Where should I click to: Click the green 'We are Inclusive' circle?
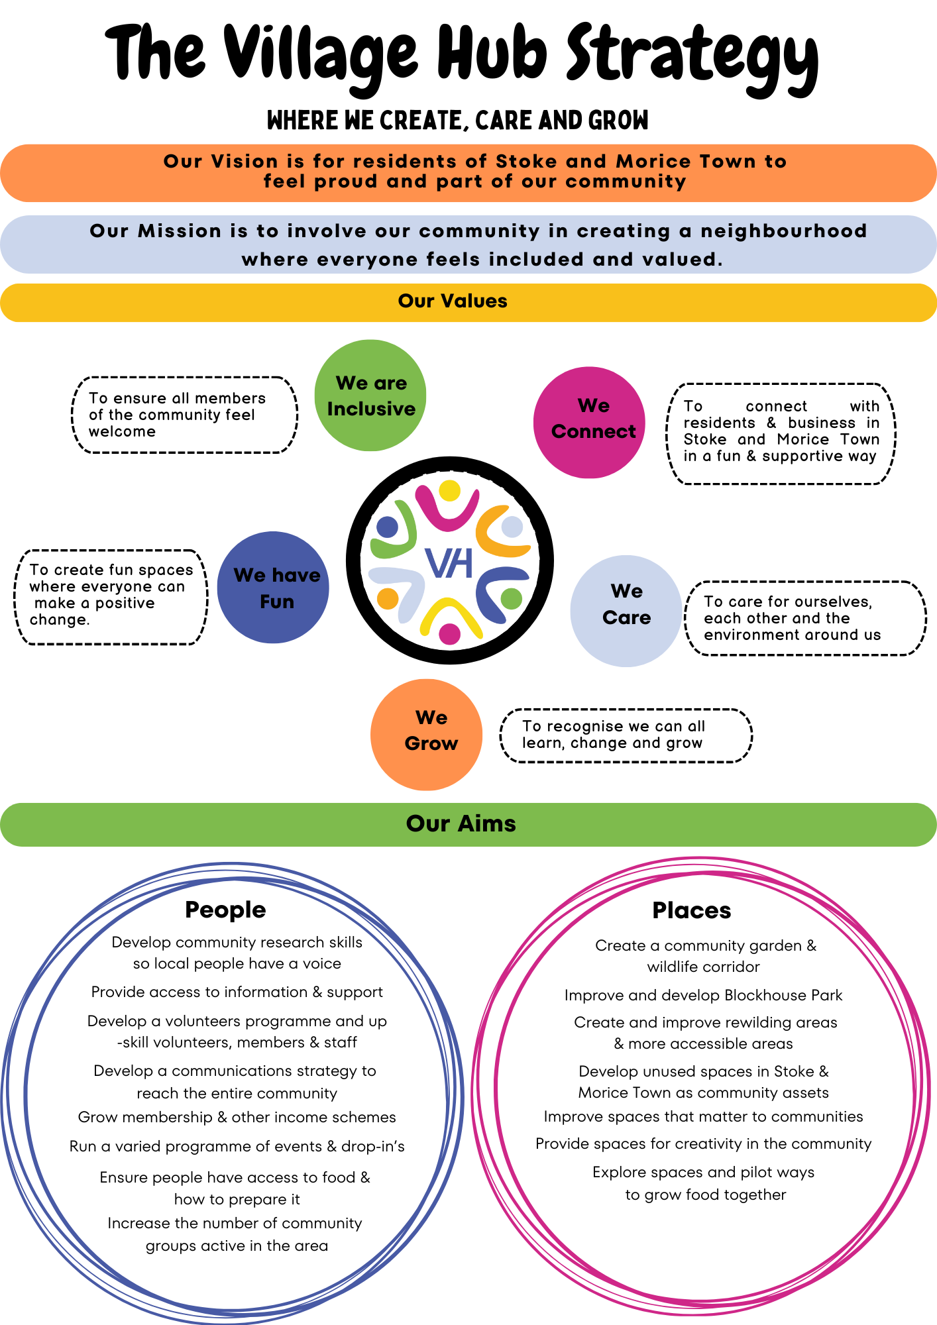370,396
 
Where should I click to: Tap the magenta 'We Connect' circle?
589,423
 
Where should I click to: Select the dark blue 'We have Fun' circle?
273,588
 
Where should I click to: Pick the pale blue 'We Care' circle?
626,611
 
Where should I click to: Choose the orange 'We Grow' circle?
426,735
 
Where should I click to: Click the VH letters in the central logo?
449,562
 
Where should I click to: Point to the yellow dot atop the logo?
450,491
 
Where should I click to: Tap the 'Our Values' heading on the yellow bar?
453,301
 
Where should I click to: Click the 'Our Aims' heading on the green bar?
461,823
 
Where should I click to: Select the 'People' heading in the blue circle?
225,910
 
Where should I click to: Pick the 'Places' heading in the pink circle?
691,910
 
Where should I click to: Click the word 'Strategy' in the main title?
692,56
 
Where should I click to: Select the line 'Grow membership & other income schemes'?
237,1117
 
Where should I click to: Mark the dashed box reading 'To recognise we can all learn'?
626,735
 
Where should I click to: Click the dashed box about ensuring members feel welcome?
184,415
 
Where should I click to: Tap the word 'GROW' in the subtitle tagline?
618,121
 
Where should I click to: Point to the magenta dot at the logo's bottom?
449,634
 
